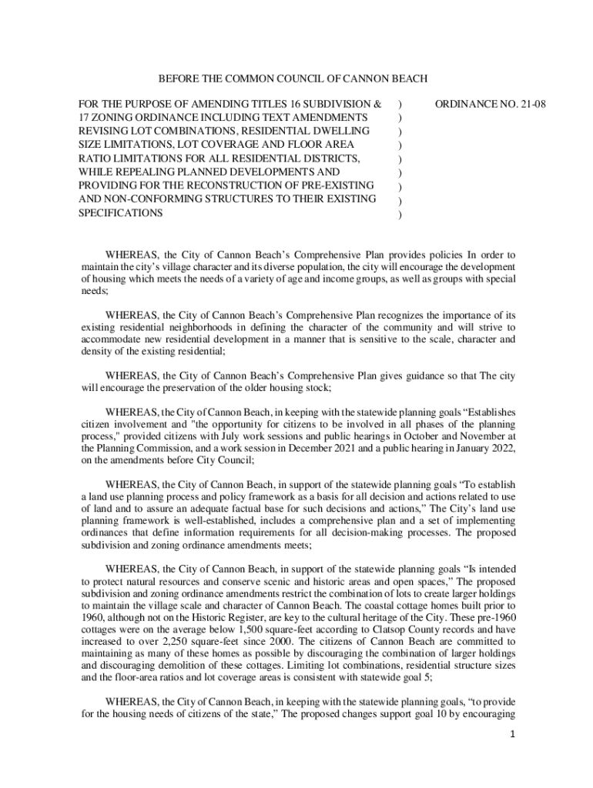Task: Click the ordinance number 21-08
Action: point(530,102)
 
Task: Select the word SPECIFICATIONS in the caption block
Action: point(120,213)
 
